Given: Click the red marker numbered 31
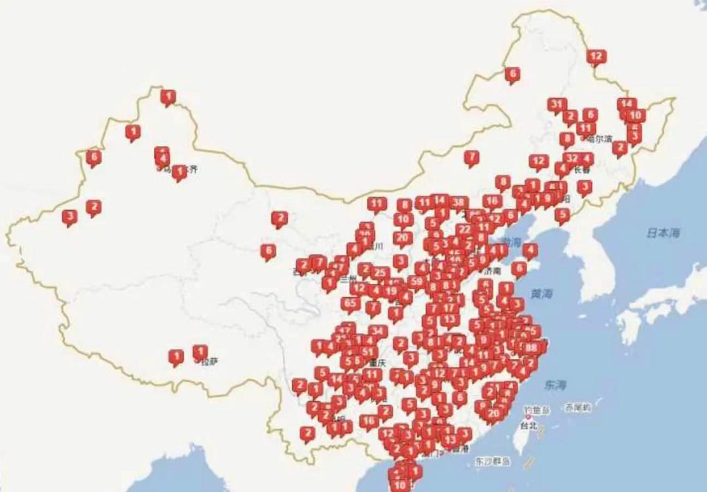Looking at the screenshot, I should [x=557, y=105].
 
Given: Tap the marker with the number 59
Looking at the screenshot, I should [x=416, y=281].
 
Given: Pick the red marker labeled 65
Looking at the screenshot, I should [x=351, y=303].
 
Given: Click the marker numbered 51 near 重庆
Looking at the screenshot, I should [x=367, y=352].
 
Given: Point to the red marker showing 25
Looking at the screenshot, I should [x=380, y=272].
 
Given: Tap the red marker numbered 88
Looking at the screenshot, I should [x=532, y=347].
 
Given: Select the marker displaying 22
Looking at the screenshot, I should [x=464, y=230].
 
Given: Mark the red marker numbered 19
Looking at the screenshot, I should [x=391, y=290].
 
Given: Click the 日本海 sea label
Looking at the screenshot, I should [x=662, y=233].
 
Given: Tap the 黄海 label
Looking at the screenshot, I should [x=541, y=294].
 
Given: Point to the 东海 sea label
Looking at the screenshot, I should [x=554, y=384].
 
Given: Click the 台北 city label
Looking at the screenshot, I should [x=528, y=426].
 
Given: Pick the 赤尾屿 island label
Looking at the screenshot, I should [x=579, y=407].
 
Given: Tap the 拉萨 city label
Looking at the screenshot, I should [x=209, y=361].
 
